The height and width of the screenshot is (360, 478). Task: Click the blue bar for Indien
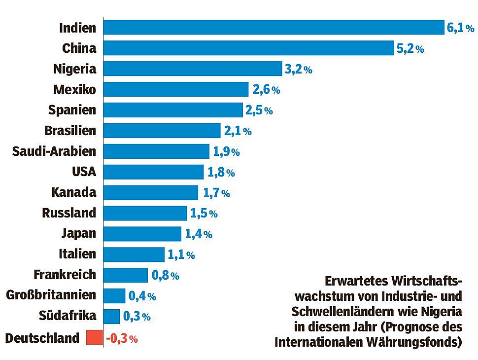[x=273, y=28]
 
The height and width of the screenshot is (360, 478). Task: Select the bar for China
[x=249, y=48]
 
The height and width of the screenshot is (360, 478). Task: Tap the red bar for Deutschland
[x=93, y=338]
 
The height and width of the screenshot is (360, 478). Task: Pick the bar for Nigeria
[x=193, y=69]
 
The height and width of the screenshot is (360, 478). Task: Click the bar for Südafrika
[x=111, y=317]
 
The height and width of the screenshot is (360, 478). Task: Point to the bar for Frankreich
[x=126, y=275]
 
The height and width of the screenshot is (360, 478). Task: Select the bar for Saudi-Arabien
[x=156, y=151]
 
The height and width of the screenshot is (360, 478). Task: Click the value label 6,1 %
[x=460, y=28]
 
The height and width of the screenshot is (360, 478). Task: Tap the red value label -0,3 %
[x=121, y=339]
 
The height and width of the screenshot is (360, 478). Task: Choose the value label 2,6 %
[x=266, y=90]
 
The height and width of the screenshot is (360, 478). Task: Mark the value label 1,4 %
[x=198, y=234]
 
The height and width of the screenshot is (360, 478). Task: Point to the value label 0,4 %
[x=142, y=296]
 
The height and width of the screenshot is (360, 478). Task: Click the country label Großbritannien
[x=51, y=295]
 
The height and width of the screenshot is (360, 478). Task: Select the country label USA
[x=84, y=172]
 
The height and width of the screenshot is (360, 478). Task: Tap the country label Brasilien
[x=70, y=131]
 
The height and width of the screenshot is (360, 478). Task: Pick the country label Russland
[x=69, y=213]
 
